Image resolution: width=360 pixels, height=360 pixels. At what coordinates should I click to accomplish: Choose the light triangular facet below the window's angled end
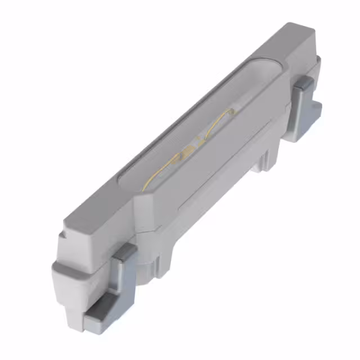145,205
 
